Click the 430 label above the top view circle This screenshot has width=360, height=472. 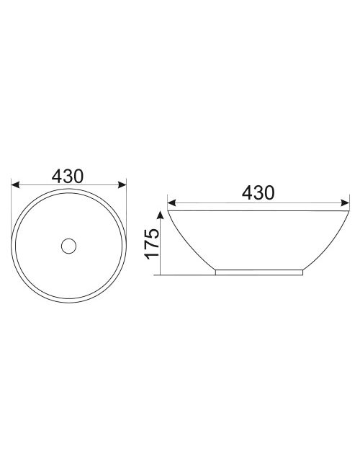(68, 176)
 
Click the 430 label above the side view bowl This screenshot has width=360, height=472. (258, 192)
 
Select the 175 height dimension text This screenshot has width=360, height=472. (152, 244)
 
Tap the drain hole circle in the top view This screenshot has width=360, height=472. (68, 246)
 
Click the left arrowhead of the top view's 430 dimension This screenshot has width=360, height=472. (15, 184)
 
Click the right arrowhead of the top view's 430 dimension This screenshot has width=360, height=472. (122, 184)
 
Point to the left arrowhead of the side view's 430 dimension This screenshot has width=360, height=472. (171, 203)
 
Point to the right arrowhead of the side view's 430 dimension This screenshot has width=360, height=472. (345, 203)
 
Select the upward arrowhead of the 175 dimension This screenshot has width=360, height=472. (161, 215)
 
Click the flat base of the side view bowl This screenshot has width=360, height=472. (259, 272)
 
